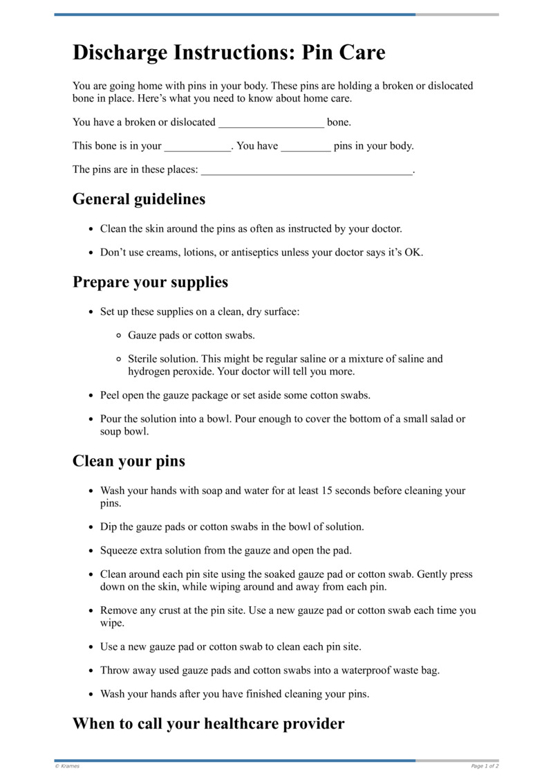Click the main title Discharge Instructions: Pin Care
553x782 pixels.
click(x=229, y=53)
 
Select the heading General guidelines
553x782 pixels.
click(x=139, y=199)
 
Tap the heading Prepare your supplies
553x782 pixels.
click(x=150, y=282)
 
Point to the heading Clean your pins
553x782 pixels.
click(x=129, y=461)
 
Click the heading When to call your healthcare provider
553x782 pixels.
click(x=208, y=724)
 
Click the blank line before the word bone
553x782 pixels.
click(x=271, y=124)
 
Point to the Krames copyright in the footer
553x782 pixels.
click(x=68, y=766)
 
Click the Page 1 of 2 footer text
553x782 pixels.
click(x=485, y=766)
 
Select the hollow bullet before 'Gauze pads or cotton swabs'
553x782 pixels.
click(x=119, y=336)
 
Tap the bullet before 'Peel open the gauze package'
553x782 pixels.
click(x=91, y=396)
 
